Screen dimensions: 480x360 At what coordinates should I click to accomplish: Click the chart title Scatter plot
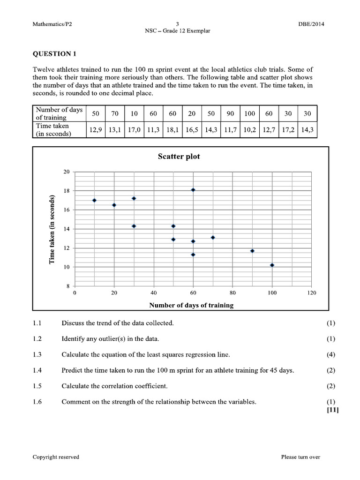(179, 157)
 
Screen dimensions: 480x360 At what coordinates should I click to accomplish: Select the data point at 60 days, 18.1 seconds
(193, 190)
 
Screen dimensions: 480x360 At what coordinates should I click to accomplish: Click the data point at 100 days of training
(272, 265)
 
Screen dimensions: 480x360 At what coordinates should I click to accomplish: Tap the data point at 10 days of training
(94, 200)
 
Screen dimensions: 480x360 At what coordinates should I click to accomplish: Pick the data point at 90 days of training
(252, 251)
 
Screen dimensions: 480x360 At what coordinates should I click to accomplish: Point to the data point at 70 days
(213, 237)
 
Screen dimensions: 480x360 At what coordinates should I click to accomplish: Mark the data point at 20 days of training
(114, 205)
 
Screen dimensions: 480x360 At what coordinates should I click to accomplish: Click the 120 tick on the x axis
(311, 293)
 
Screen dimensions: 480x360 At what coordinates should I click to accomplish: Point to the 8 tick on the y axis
(67, 286)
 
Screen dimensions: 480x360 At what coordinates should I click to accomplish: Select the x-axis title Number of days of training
(191, 305)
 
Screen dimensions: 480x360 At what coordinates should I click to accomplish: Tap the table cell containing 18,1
(172, 130)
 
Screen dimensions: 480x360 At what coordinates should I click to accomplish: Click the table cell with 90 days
(230, 114)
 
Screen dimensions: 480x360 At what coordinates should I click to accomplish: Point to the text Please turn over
(300, 457)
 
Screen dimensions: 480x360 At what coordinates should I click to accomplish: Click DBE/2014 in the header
(311, 24)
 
